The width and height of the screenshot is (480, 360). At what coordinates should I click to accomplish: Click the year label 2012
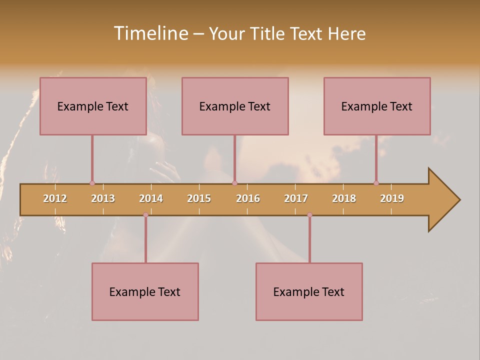tap(55, 198)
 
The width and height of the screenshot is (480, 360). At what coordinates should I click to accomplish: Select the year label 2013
tap(103, 198)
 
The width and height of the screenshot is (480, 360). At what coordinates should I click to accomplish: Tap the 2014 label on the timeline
tap(151, 198)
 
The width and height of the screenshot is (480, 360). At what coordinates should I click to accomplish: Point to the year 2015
tap(199, 198)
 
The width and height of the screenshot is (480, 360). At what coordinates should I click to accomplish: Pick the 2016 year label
tap(248, 198)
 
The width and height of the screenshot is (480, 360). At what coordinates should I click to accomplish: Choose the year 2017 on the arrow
tap(296, 198)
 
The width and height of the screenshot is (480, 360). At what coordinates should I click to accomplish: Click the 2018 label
tap(344, 198)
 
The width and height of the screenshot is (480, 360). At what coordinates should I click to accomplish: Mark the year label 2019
tap(392, 198)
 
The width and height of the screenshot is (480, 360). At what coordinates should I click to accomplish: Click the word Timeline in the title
tap(150, 33)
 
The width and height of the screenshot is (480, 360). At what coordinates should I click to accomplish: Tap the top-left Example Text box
tap(93, 106)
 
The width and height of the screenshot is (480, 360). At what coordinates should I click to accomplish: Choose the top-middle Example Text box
tap(235, 106)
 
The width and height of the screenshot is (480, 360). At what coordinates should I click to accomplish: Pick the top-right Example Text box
tap(377, 106)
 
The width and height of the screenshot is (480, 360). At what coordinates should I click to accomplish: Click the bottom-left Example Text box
tap(145, 291)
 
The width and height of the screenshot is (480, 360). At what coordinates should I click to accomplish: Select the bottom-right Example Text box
tap(309, 291)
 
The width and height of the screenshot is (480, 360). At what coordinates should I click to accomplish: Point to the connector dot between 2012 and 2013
tap(92, 183)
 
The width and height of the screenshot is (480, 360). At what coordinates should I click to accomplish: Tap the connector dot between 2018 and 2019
tap(376, 183)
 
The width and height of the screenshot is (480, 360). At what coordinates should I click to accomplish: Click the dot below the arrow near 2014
tap(145, 215)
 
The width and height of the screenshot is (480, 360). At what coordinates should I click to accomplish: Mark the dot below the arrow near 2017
tap(309, 215)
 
